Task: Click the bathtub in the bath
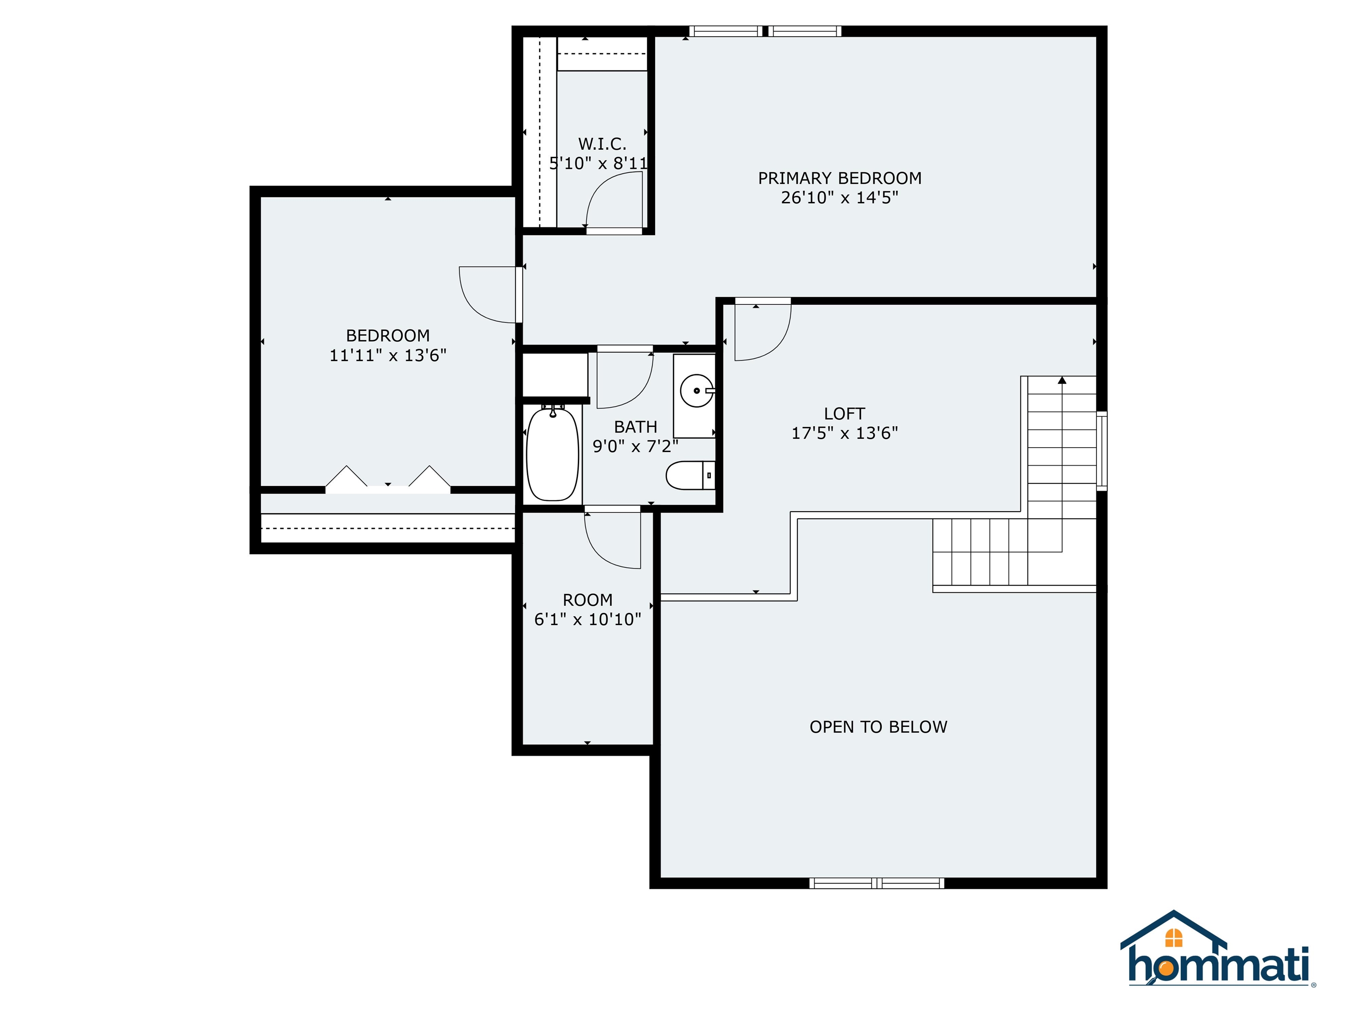(553, 454)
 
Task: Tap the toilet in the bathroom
(690, 475)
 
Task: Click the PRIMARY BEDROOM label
(839, 178)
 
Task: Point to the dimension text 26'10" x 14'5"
(839, 198)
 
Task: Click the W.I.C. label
(602, 144)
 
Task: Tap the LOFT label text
(844, 414)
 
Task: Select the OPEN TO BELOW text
(878, 727)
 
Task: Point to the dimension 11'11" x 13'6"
(388, 355)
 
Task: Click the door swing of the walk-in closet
(614, 199)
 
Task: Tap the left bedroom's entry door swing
(488, 295)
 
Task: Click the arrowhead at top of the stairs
(1062, 380)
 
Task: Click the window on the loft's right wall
(1101, 451)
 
